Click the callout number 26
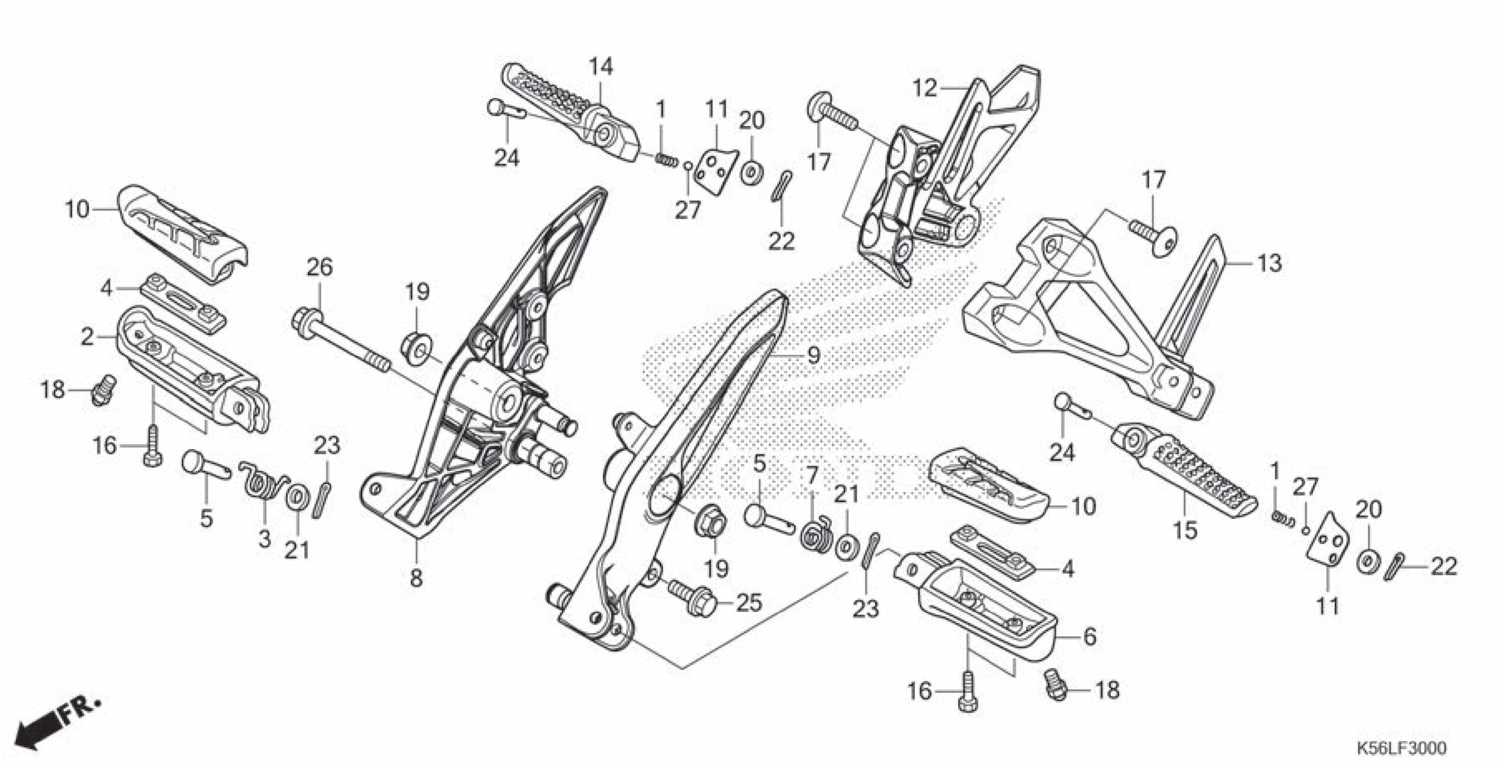320,267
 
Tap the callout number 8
416,578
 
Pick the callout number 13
1269,263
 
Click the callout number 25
749,602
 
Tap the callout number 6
1089,637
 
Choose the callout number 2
87,337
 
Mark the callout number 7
811,474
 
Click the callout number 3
264,538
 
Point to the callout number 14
601,66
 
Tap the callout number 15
1185,530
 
